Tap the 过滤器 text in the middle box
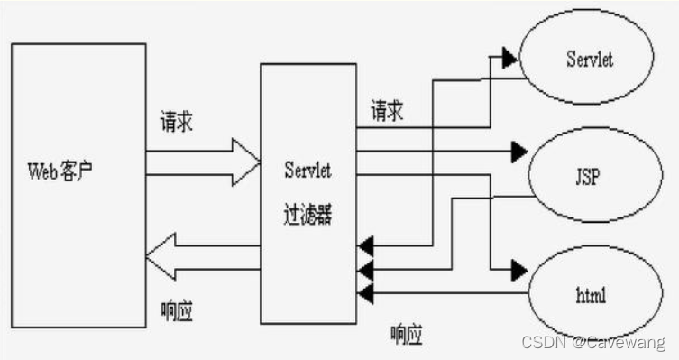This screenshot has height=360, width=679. coord(307,217)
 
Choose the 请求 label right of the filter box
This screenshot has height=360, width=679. coord(387,112)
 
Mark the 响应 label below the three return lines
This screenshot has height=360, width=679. coord(407,335)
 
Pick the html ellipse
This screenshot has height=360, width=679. coord(586,294)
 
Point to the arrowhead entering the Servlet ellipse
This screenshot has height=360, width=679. coord(509,60)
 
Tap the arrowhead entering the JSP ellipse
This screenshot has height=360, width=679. coord(518,148)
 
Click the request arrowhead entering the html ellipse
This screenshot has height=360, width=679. coord(518,269)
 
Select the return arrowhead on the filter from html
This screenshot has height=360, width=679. coord(364,291)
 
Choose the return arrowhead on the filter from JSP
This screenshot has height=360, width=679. coord(364,269)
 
